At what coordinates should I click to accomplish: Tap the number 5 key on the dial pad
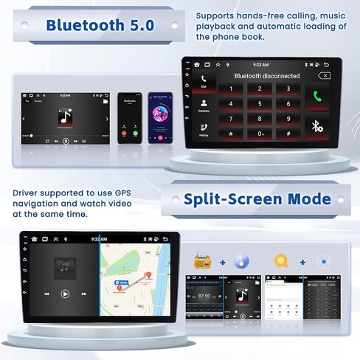pyautogui.click(x=260, y=103)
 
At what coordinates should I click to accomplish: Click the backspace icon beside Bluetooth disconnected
pyautogui.click(x=324, y=75)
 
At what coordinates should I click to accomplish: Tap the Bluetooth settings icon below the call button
pyautogui.click(x=318, y=126)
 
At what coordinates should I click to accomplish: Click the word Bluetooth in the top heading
pyautogui.click(x=83, y=25)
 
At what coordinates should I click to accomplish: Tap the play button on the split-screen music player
pyautogui.click(x=65, y=294)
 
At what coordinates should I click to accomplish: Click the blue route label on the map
pyautogui.click(x=125, y=283)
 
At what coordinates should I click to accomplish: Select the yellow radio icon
pyautogui.click(x=201, y=261)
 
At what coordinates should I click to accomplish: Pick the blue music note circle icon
pyautogui.click(x=241, y=261)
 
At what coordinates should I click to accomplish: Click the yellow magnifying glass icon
pyautogui.click(x=281, y=261)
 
